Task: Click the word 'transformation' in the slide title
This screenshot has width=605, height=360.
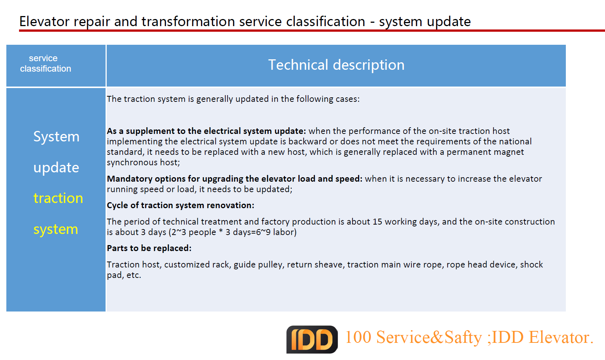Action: pyautogui.click(x=188, y=21)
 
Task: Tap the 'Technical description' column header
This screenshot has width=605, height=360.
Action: pyautogui.click(x=336, y=65)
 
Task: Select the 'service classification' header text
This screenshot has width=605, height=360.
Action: pyautogui.click(x=46, y=63)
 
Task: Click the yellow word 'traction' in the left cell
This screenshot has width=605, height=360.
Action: pyautogui.click(x=58, y=198)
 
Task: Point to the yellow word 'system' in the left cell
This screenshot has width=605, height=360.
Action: pyautogui.click(x=56, y=229)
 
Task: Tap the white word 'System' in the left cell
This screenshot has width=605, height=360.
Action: pyautogui.click(x=56, y=137)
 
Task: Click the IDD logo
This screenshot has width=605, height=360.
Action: pyautogui.click(x=312, y=339)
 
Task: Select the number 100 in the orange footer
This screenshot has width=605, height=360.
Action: pyautogui.click(x=358, y=337)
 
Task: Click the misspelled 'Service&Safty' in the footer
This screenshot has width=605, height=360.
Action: pyautogui.click(x=429, y=337)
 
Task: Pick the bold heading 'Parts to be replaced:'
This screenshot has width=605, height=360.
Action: pyautogui.click(x=149, y=248)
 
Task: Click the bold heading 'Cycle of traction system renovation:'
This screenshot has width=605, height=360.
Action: pyautogui.click(x=181, y=205)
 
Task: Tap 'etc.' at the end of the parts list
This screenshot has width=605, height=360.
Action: pyautogui.click(x=134, y=275)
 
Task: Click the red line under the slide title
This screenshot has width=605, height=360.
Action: pyautogui.click(x=312, y=31)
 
